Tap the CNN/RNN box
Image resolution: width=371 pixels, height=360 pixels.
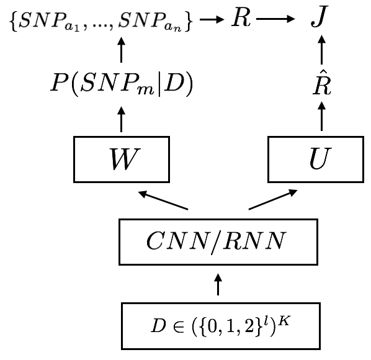(218, 241)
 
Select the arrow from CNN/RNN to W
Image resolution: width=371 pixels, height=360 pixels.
(163, 200)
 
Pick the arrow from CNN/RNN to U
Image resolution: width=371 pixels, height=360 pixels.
(273, 200)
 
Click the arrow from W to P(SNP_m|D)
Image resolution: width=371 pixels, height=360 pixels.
(121, 119)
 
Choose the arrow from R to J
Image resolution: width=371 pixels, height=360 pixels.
(275, 21)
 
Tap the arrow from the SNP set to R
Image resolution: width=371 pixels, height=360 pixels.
(212, 21)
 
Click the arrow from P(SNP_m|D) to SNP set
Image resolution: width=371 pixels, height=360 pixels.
(121, 53)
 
